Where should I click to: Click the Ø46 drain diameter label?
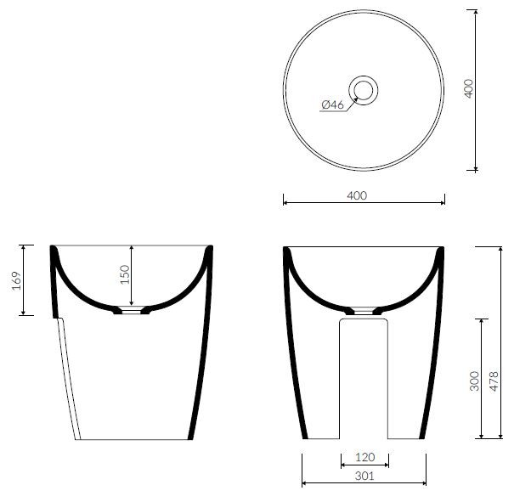point(332,105)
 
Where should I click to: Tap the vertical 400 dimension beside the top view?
point(469,88)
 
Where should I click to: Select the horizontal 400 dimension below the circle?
point(357,195)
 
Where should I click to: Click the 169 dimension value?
point(17,280)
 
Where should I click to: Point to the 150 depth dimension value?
point(125,274)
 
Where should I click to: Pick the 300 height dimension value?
point(475,381)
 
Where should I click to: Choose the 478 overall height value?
point(494,381)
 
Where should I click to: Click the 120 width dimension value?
point(365,457)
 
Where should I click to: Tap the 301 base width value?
point(364,476)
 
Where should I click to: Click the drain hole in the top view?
point(364,90)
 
